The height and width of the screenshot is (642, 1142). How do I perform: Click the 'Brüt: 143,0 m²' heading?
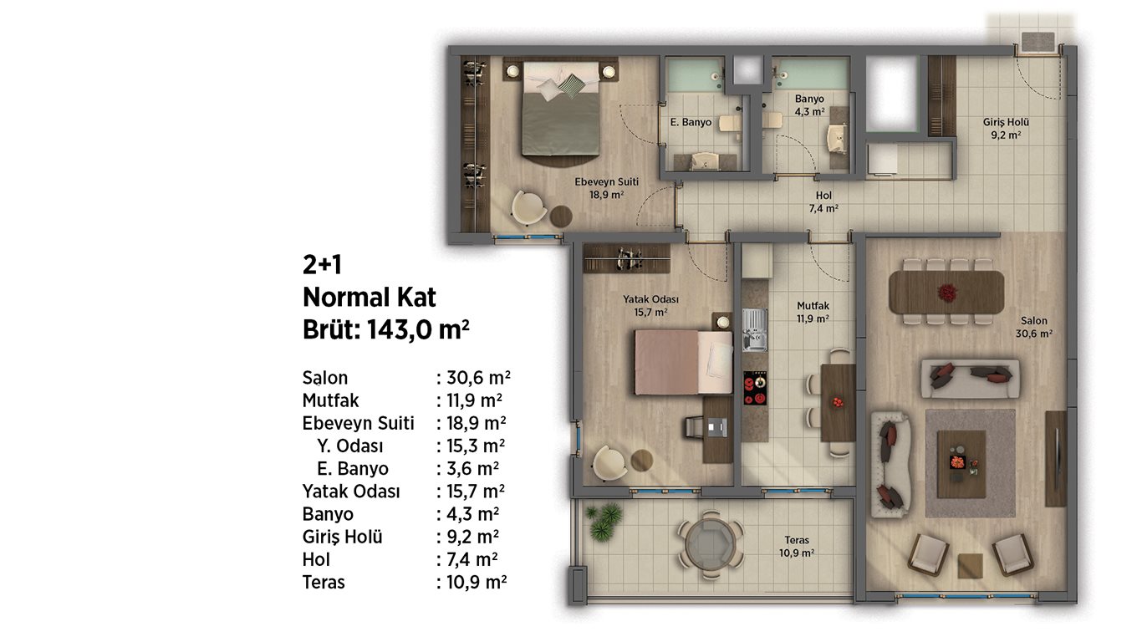click(386, 330)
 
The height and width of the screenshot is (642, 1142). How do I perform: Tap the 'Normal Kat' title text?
click(370, 298)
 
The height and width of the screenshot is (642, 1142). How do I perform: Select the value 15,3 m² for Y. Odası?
click(476, 446)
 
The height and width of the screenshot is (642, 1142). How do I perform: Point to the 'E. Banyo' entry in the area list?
click(353, 469)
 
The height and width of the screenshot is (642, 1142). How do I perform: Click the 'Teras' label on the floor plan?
click(797, 540)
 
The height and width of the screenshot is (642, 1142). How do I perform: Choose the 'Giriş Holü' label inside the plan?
click(1006, 122)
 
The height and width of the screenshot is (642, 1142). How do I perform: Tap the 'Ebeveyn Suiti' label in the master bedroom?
click(607, 182)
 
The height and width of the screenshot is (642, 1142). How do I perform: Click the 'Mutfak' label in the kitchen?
click(813, 306)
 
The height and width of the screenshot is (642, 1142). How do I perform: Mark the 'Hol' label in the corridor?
click(823, 196)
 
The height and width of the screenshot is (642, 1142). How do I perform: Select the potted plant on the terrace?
click(604, 521)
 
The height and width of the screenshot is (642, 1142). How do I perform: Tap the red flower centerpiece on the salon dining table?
click(946, 293)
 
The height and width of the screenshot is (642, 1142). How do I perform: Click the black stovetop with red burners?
click(755, 388)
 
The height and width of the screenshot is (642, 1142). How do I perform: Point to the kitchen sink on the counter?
click(755, 330)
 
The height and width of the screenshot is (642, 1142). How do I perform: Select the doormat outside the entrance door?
click(1038, 42)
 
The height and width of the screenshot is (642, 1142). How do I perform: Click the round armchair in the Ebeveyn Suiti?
click(529, 208)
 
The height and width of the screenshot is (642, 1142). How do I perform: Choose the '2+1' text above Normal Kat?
click(322, 265)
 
